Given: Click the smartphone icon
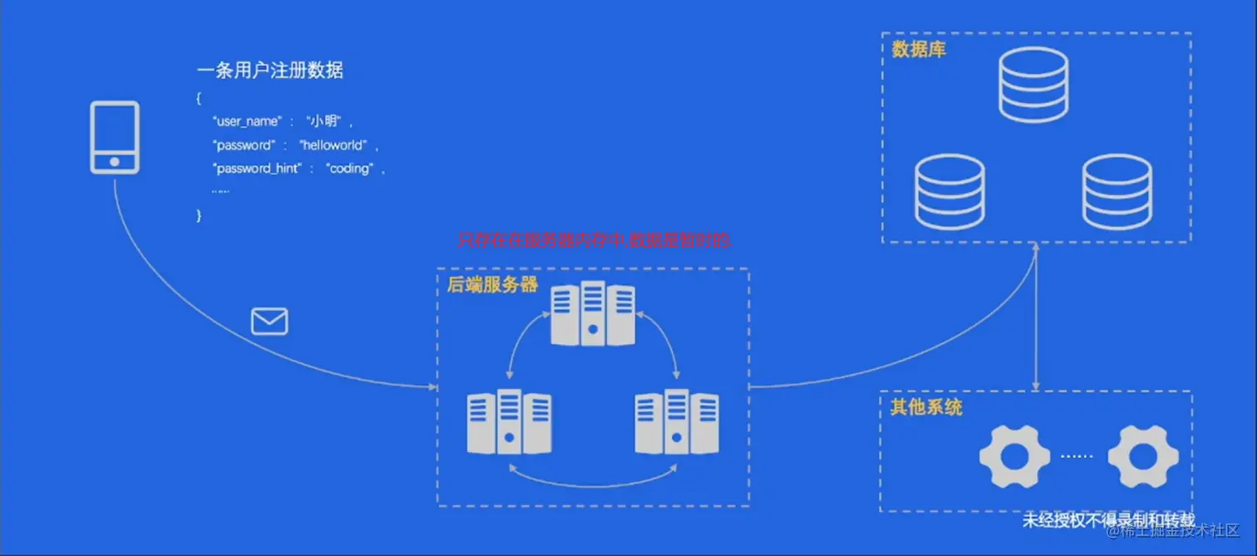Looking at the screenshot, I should coord(115,137).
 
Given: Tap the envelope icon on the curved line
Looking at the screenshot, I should coord(269,321).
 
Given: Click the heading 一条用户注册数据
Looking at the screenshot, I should coord(269,71).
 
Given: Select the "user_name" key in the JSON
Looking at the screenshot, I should coord(248,121).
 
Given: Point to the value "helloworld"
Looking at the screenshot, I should coord(333,145).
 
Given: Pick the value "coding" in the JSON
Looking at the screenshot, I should coord(349,169).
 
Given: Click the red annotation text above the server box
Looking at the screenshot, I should coord(594,241).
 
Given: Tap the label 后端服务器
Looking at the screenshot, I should coord(493,285).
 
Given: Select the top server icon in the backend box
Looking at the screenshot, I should coord(593,313).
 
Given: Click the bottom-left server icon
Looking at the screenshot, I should coord(509,421).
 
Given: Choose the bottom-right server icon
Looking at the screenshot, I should coord(677,421).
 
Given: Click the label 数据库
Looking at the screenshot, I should coord(919,50).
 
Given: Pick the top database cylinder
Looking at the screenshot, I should coord(1033,85).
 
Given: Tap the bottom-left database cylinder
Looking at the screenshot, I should coord(949,192).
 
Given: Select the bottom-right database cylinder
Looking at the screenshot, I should coord(1117,192).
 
